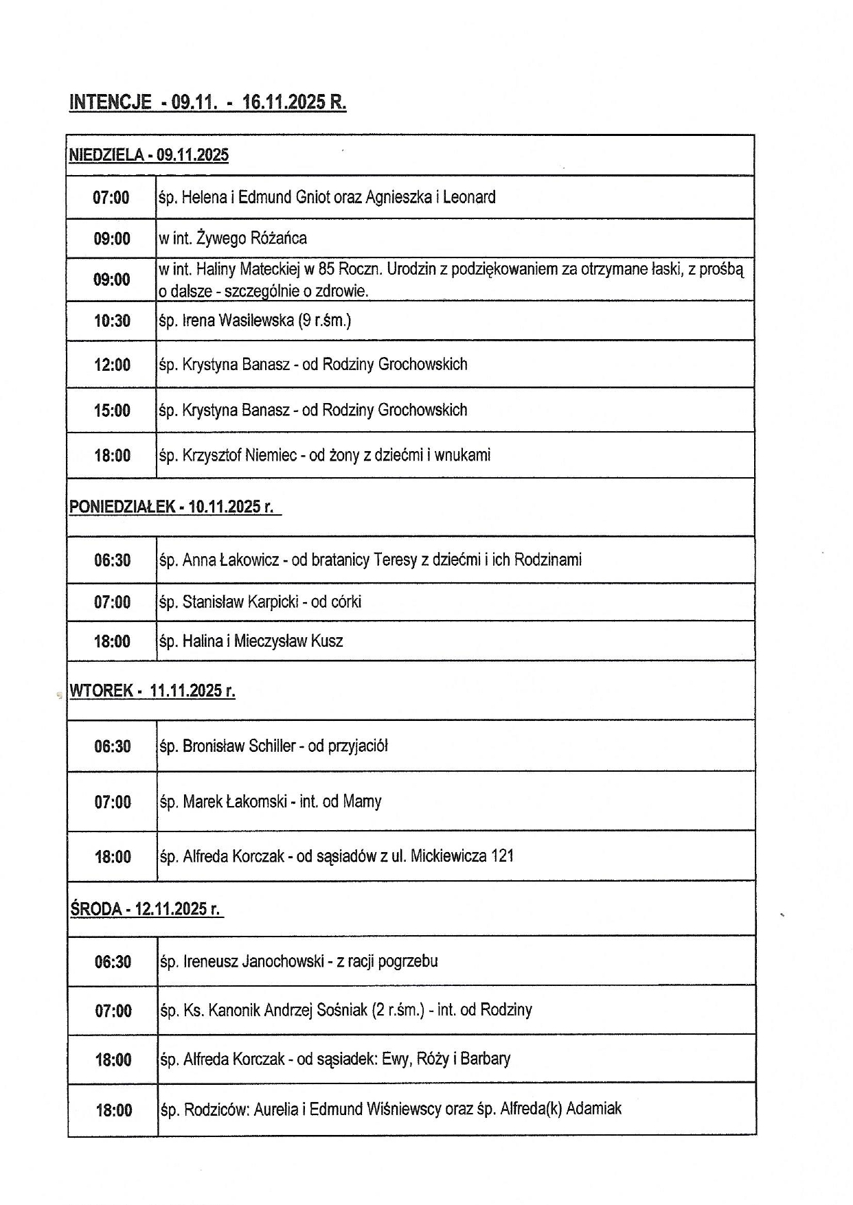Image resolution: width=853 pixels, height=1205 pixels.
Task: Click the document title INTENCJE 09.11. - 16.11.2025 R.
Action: point(207,102)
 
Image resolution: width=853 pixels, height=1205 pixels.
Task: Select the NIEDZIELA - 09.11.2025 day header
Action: point(148,155)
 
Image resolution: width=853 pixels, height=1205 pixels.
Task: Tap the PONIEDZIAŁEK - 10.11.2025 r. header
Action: point(171,507)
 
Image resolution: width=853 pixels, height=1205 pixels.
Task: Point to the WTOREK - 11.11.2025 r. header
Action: point(152,691)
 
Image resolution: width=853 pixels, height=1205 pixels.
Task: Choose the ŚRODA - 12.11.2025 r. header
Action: point(145,909)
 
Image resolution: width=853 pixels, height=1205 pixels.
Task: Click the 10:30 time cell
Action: point(112,321)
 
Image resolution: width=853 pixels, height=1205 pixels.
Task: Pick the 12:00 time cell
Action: point(112,365)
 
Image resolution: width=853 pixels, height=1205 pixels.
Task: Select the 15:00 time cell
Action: point(112,411)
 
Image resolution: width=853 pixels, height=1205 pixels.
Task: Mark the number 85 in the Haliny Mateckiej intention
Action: point(327,270)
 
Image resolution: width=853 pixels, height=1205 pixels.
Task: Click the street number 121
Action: point(502,856)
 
